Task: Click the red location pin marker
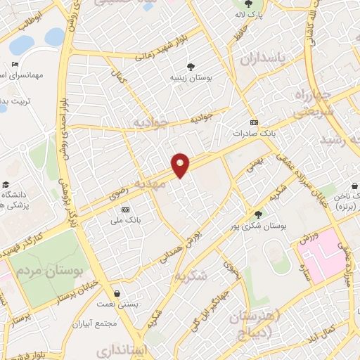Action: click(x=181, y=165)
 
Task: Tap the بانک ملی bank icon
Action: click(x=126, y=210)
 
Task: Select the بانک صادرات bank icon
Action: click(x=254, y=122)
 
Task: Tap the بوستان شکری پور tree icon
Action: click(x=259, y=214)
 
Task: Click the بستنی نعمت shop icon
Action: click(x=115, y=294)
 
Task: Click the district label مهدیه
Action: click(x=169, y=186)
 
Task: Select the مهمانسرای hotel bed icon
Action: click(x=15, y=65)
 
